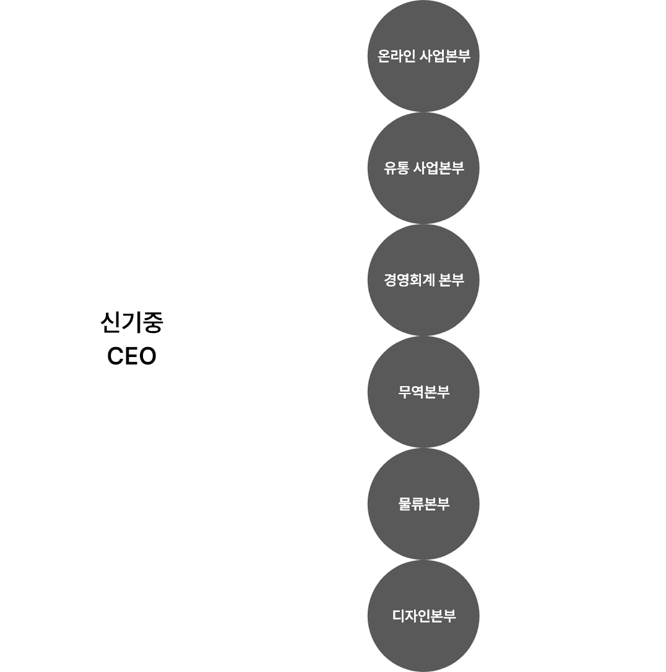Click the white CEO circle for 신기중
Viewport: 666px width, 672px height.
[134, 337]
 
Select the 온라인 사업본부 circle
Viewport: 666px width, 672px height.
[423, 56]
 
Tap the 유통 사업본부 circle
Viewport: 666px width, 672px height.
[423, 168]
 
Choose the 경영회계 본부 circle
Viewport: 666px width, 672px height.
[423, 280]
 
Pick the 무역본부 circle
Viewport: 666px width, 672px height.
[423, 392]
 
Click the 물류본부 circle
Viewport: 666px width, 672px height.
[423, 504]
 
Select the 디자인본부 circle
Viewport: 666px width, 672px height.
[423, 616]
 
